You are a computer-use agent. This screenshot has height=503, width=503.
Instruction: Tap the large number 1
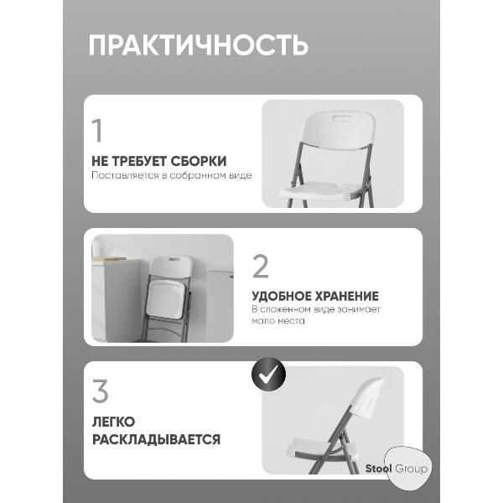tap(98, 132)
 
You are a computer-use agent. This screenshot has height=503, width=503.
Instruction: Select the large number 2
tap(261, 266)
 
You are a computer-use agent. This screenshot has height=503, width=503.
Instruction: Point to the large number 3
tap(101, 392)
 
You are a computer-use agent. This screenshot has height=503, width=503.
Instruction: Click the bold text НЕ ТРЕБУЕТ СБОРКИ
tap(159, 160)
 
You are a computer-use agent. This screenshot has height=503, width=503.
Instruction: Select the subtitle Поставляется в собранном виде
tap(172, 176)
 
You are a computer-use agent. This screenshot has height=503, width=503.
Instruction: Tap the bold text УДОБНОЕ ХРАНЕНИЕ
tap(315, 296)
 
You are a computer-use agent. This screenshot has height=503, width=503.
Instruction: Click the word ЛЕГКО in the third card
tap(113, 422)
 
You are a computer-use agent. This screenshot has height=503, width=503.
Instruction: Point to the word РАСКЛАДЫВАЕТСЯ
tap(157, 439)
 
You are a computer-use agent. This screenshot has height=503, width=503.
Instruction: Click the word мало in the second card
tap(263, 321)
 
